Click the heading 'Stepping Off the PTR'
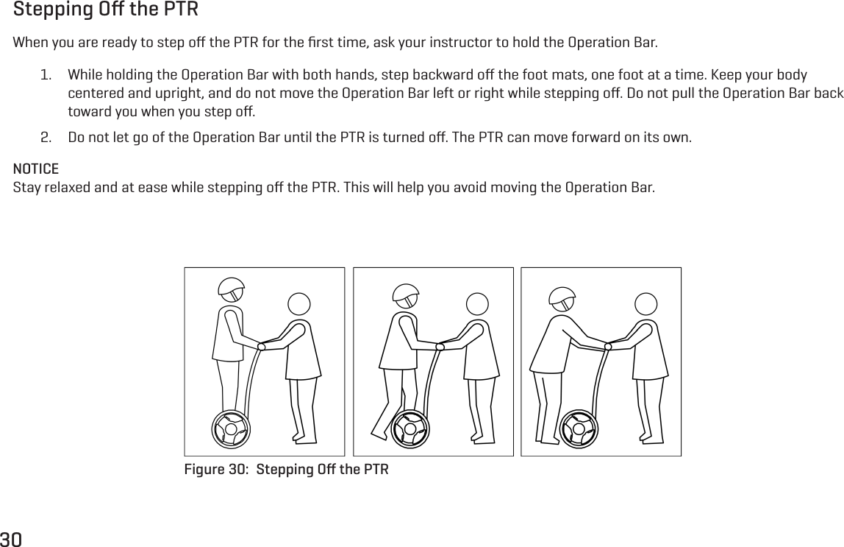pos(106,11)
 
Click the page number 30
pos(11,539)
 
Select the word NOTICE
pos(36,169)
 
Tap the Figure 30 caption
pos(286,470)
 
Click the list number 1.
pos(46,77)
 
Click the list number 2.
pos(46,138)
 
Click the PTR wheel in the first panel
pos(231,429)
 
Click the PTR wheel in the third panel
pos(579,429)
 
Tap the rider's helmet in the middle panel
pos(406,295)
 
